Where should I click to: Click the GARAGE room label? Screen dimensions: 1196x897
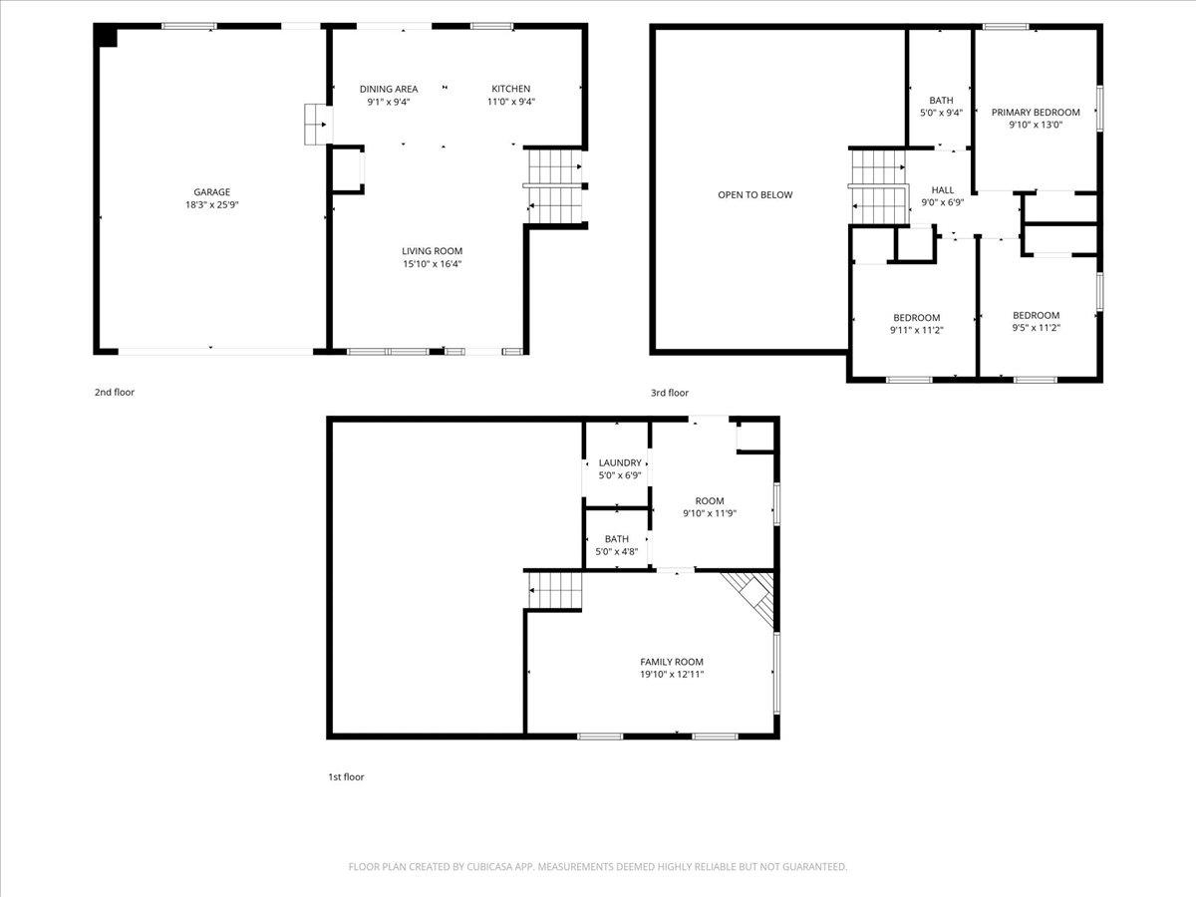(212, 191)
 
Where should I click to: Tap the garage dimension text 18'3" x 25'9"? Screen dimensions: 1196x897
(212, 204)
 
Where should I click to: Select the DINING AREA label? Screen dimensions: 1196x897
(389, 89)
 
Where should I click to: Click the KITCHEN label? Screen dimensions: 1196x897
(510, 89)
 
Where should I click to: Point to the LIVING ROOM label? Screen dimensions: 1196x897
(433, 251)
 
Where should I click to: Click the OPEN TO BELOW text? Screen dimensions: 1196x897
(754, 195)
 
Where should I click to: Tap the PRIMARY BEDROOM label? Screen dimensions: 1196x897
(1036, 113)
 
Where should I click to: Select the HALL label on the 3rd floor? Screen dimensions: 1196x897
(942, 190)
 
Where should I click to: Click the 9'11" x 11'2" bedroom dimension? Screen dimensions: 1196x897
(917, 330)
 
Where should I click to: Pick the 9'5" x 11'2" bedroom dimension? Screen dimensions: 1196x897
(1036, 328)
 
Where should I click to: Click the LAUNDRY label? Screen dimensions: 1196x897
(620, 462)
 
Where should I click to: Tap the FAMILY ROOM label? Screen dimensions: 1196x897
(672, 662)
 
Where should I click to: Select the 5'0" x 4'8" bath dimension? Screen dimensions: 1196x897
(616, 552)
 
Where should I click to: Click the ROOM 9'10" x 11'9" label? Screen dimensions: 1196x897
(710, 507)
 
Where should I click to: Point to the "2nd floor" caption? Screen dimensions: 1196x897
(115, 392)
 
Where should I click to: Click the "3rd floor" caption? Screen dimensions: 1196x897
(669, 393)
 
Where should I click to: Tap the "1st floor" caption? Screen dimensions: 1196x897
(346, 777)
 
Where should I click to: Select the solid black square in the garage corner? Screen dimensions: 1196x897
(107, 37)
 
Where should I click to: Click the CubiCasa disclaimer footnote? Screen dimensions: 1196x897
(598, 866)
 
